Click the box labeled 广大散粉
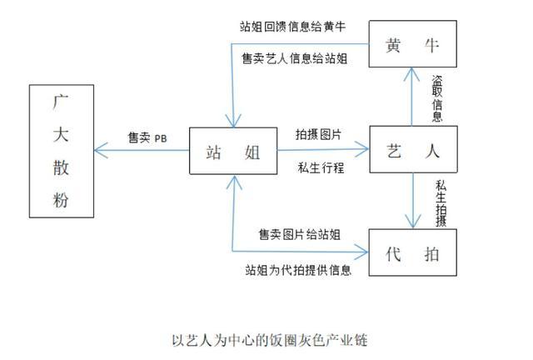click(x=61, y=150)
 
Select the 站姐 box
click(x=232, y=152)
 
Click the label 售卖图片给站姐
click(x=299, y=235)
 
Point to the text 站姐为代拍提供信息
click(x=298, y=271)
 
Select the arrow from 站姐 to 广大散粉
click(x=142, y=151)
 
